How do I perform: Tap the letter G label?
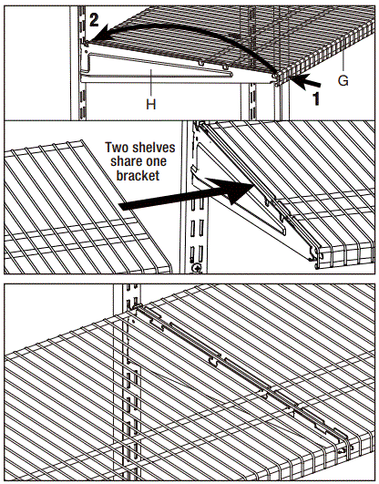[x=343, y=81]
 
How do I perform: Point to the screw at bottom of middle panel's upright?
[x=197, y=267]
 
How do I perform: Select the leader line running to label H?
[x=150, y=85]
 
